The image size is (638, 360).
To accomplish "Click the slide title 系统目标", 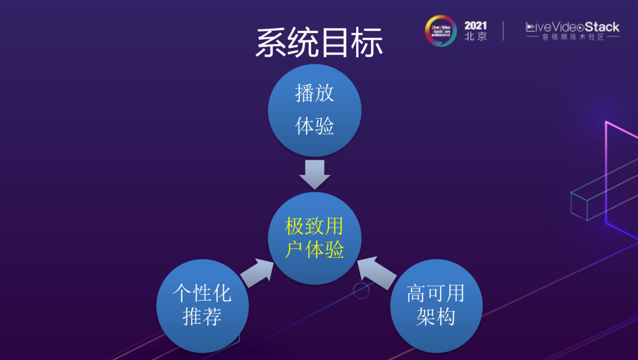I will [320, 43].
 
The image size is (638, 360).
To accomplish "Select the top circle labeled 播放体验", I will [314, 110].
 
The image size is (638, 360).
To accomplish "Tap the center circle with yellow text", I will [315, 238].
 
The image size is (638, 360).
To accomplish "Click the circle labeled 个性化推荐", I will [202, 306].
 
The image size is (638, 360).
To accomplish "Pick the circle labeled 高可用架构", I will [436, 306].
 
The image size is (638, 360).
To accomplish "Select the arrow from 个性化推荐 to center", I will [257, 273].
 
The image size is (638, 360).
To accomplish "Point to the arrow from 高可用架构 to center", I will [376, 273].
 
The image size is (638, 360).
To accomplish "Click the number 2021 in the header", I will [476, 25].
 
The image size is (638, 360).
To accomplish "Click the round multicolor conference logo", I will [441, 31].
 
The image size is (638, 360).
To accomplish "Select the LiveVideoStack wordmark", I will [572, 27].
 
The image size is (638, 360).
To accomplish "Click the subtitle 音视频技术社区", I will [572, 37].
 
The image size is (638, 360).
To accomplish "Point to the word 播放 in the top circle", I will [314, 93].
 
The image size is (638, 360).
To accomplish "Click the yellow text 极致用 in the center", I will [314, 226].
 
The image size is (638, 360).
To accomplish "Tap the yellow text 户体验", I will [314, 249].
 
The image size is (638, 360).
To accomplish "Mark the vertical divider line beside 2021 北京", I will [503, 31].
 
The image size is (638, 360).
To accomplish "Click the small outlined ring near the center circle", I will [361, 290].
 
